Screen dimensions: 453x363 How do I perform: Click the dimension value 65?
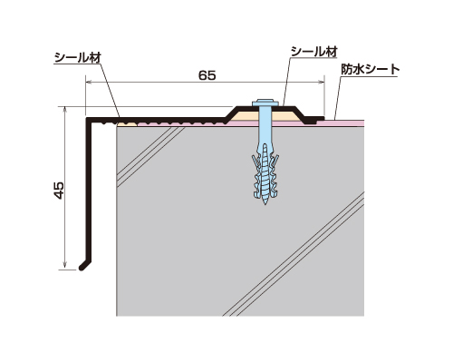tap(207, 75)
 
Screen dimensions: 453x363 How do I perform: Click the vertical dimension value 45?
tap(59, 190)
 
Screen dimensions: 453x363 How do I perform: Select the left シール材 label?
tap(78, 57)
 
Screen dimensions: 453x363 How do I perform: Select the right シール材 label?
tap(313, 52)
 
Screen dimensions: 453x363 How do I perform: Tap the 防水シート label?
tap(371, 70)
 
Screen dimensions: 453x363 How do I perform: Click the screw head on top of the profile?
tap(265, 103)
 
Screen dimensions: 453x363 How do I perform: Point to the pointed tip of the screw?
tap(265, 204)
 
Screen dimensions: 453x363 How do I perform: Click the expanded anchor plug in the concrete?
tap(265, 172)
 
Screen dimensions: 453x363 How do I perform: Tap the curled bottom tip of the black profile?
tap(82, 268)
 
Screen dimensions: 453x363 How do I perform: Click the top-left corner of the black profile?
tap(87, 118)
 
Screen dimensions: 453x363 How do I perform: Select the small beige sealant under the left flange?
tap(127, 123)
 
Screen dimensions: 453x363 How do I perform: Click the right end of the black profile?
tap(323, 118)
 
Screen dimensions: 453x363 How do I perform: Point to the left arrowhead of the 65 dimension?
tap(88, 82)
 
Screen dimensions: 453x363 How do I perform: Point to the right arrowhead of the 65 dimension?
tap(322, 82)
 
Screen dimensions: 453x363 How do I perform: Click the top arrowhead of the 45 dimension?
tap(64, 109)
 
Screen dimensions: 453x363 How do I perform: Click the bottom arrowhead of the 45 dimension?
tap(64, 266)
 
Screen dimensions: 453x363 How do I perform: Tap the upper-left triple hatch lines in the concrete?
tap(150, 156)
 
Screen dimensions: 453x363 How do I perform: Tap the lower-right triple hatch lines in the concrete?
tap(294, 253)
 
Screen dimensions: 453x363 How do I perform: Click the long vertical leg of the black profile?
tap(90, 191)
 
